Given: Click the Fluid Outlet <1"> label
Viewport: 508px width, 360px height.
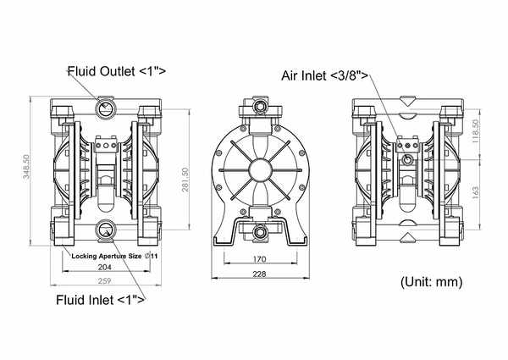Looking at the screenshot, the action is pos(117,71).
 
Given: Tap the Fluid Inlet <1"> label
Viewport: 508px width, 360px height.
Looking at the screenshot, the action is pos(101,300).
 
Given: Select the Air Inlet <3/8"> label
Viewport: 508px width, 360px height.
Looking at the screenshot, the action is pos(325,76).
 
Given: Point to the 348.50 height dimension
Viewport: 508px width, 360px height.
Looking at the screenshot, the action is pos(26,167).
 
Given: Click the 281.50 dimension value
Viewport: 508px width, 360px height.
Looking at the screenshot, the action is pos(185,180).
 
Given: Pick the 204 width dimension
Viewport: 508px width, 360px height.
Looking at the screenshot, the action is pos(104,267).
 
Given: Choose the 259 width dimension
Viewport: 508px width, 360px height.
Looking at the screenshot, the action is pos(104,280).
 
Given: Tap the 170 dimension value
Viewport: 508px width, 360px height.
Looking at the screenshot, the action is pos(260,259).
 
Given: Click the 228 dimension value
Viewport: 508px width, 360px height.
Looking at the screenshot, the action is pos(260,274).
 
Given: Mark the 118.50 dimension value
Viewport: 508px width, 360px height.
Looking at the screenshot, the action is pos(475,132).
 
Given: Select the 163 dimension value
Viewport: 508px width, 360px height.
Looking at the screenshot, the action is pos(475,192).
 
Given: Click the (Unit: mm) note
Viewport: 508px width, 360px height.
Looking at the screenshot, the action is pos(431,282).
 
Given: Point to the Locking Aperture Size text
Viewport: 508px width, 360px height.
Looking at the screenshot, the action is pos(107,256).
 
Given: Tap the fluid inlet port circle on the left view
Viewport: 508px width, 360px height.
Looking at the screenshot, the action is pos(105,230).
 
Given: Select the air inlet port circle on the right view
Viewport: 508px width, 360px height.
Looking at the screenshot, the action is pos(407,159).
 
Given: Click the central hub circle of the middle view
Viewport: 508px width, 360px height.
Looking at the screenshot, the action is pos(260,169).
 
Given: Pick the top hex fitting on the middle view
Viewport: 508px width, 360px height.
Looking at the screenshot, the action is pos(259,106).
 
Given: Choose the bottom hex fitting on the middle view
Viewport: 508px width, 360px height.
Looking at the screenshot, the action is pos(259,231).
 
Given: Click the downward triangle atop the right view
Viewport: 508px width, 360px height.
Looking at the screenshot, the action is pos(408,100).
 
